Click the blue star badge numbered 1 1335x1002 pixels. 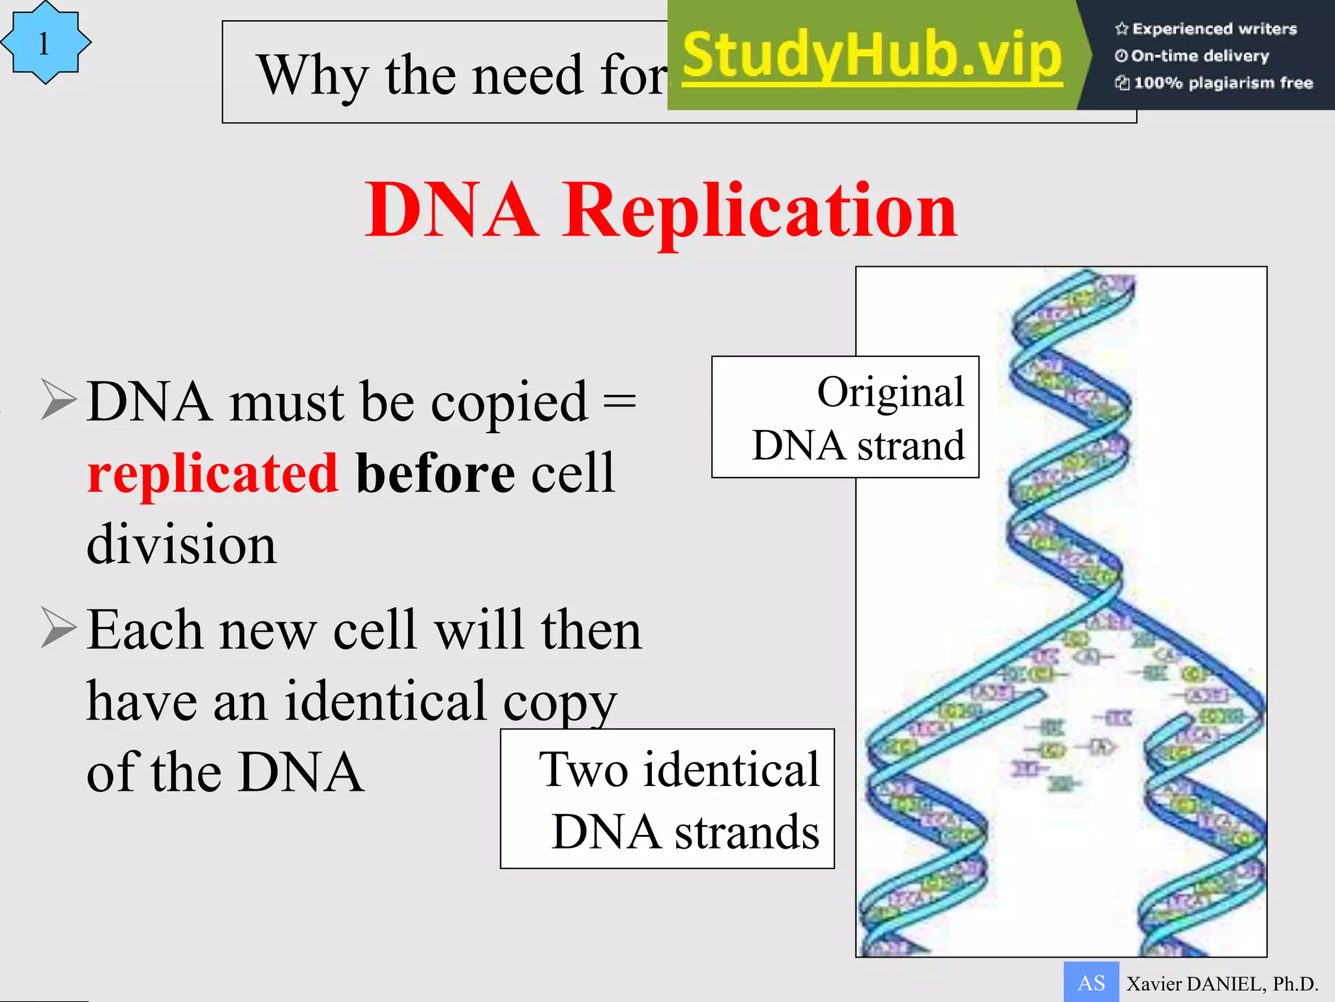(45, 43)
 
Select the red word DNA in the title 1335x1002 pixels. (452, 210)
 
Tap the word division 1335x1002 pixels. (181, 544)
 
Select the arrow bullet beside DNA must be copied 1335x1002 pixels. (59, 399)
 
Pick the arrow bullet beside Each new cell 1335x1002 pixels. (59, 627)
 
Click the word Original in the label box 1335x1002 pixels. (890, 393)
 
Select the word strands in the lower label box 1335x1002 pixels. (746, 833)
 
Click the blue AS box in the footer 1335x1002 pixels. (1091, 982)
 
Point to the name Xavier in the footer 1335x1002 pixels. (1153, 984)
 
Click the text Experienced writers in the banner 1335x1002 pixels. (1214, 29)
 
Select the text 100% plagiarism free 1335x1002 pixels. (1222, 83)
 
